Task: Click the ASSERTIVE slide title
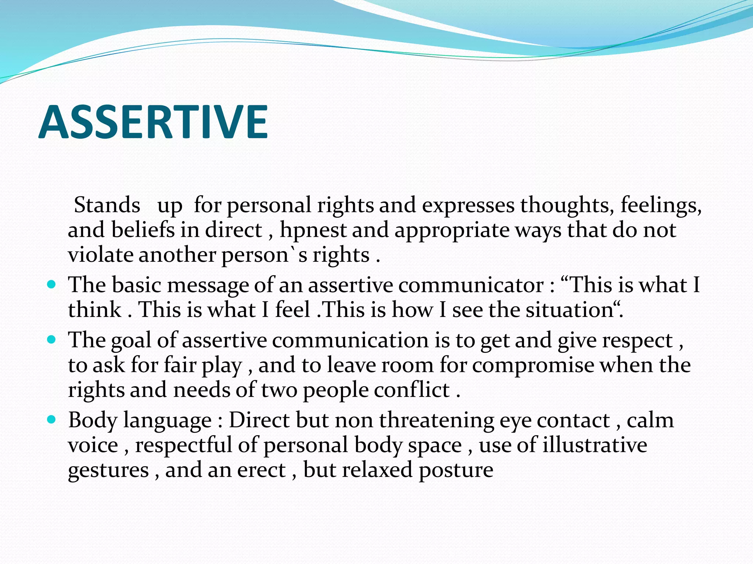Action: [x=153, y=122]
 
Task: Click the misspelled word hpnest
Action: [x=313, y=230]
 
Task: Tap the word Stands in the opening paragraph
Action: [x=107, y=205]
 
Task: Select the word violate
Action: [x=100, y=255]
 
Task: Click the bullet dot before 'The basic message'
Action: [x=52, y=285]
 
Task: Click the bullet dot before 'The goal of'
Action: [x=52, y=340]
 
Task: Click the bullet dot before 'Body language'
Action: [x=52, y=419]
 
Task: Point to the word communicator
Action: [x=471, y=285]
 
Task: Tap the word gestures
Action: [x=108, y=471]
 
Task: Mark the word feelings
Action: [x=661, y=206]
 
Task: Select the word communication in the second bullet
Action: [x=350, y=340]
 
